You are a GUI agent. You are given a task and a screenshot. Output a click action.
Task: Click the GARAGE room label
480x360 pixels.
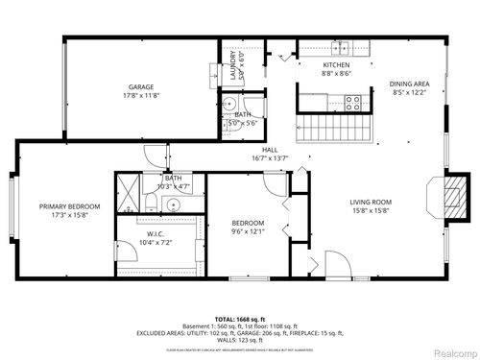(x=141, y=86)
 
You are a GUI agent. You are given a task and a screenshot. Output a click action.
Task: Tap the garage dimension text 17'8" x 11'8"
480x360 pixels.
(x=141, y=95)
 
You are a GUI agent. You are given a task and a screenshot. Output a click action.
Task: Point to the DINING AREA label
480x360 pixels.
(x=408, y=84)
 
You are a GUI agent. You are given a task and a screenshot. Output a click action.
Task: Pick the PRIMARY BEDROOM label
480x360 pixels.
(x=70, y=206)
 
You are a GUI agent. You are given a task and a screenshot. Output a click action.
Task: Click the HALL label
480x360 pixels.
(x=270, y=150)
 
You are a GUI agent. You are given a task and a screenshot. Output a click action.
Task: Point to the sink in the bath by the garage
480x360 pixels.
(x=230, y=106)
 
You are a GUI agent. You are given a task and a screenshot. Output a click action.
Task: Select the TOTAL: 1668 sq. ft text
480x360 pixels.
(x=240, y=318)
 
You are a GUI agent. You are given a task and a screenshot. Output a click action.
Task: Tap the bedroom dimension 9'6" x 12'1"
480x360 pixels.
(x=248, y=231)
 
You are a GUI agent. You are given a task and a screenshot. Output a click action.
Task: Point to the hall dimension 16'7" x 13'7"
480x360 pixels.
(x=270, y=158)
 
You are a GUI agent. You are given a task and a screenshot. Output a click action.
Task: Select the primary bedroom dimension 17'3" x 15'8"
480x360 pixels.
(x=70, y=215)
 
